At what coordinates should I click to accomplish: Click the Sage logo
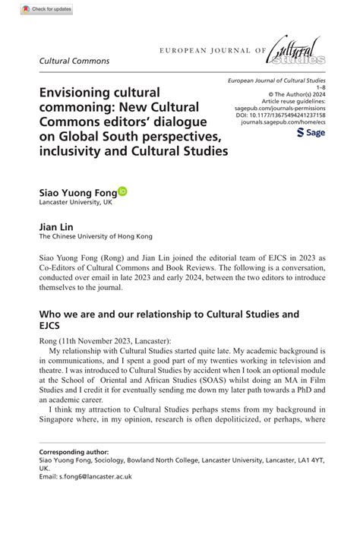click(x=311, y=132)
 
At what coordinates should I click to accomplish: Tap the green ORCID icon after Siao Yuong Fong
click(x=123, y=192)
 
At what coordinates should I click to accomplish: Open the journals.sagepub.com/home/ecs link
click(x=280, y=121)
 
